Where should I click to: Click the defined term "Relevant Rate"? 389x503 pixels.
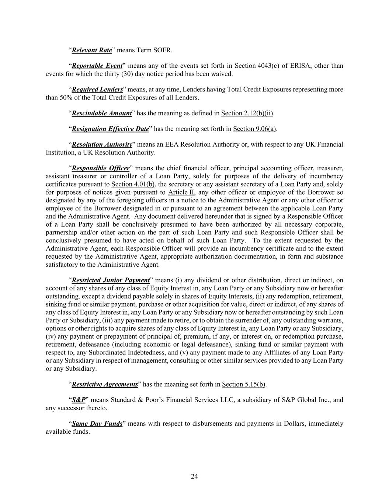92,50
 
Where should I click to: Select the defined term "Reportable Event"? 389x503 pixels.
97,66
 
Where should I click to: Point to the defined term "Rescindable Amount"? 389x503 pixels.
102,113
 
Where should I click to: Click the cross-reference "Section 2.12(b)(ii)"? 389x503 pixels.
247,113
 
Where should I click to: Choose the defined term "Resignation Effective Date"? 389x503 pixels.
110,129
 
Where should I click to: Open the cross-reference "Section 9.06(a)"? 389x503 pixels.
255,129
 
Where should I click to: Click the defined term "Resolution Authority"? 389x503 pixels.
102,144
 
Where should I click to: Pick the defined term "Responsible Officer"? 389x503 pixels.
101,168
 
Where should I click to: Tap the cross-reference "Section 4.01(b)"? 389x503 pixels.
133,184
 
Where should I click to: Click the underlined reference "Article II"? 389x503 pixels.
181,192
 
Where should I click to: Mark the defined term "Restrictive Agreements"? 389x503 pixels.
105,384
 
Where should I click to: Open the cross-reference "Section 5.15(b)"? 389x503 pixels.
244,384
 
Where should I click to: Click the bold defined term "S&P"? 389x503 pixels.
79,400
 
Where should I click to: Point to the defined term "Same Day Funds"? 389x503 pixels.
97,424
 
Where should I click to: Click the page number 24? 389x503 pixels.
194,476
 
